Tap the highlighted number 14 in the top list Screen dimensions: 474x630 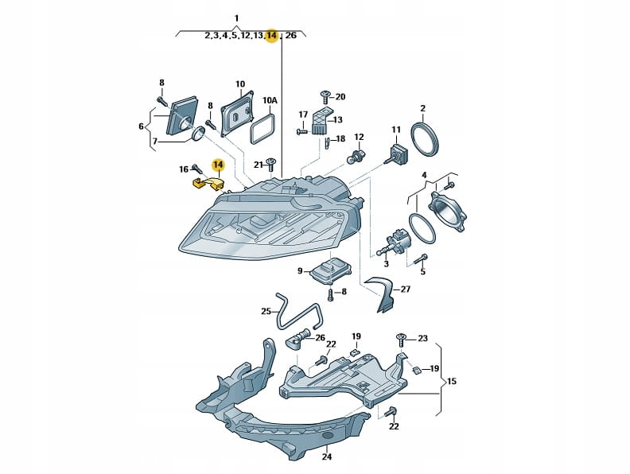272,36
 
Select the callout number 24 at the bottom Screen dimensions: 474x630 326,457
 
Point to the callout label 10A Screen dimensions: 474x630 270,101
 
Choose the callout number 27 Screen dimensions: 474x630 405,289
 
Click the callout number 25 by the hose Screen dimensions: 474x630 266,311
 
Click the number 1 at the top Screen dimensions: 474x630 236,17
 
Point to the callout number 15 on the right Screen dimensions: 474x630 452,382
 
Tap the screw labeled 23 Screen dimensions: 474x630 403,340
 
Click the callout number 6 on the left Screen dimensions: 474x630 141,126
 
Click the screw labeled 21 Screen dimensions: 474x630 272,164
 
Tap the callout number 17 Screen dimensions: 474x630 302,115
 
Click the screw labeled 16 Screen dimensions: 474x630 196,168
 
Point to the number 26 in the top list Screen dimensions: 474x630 291,36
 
